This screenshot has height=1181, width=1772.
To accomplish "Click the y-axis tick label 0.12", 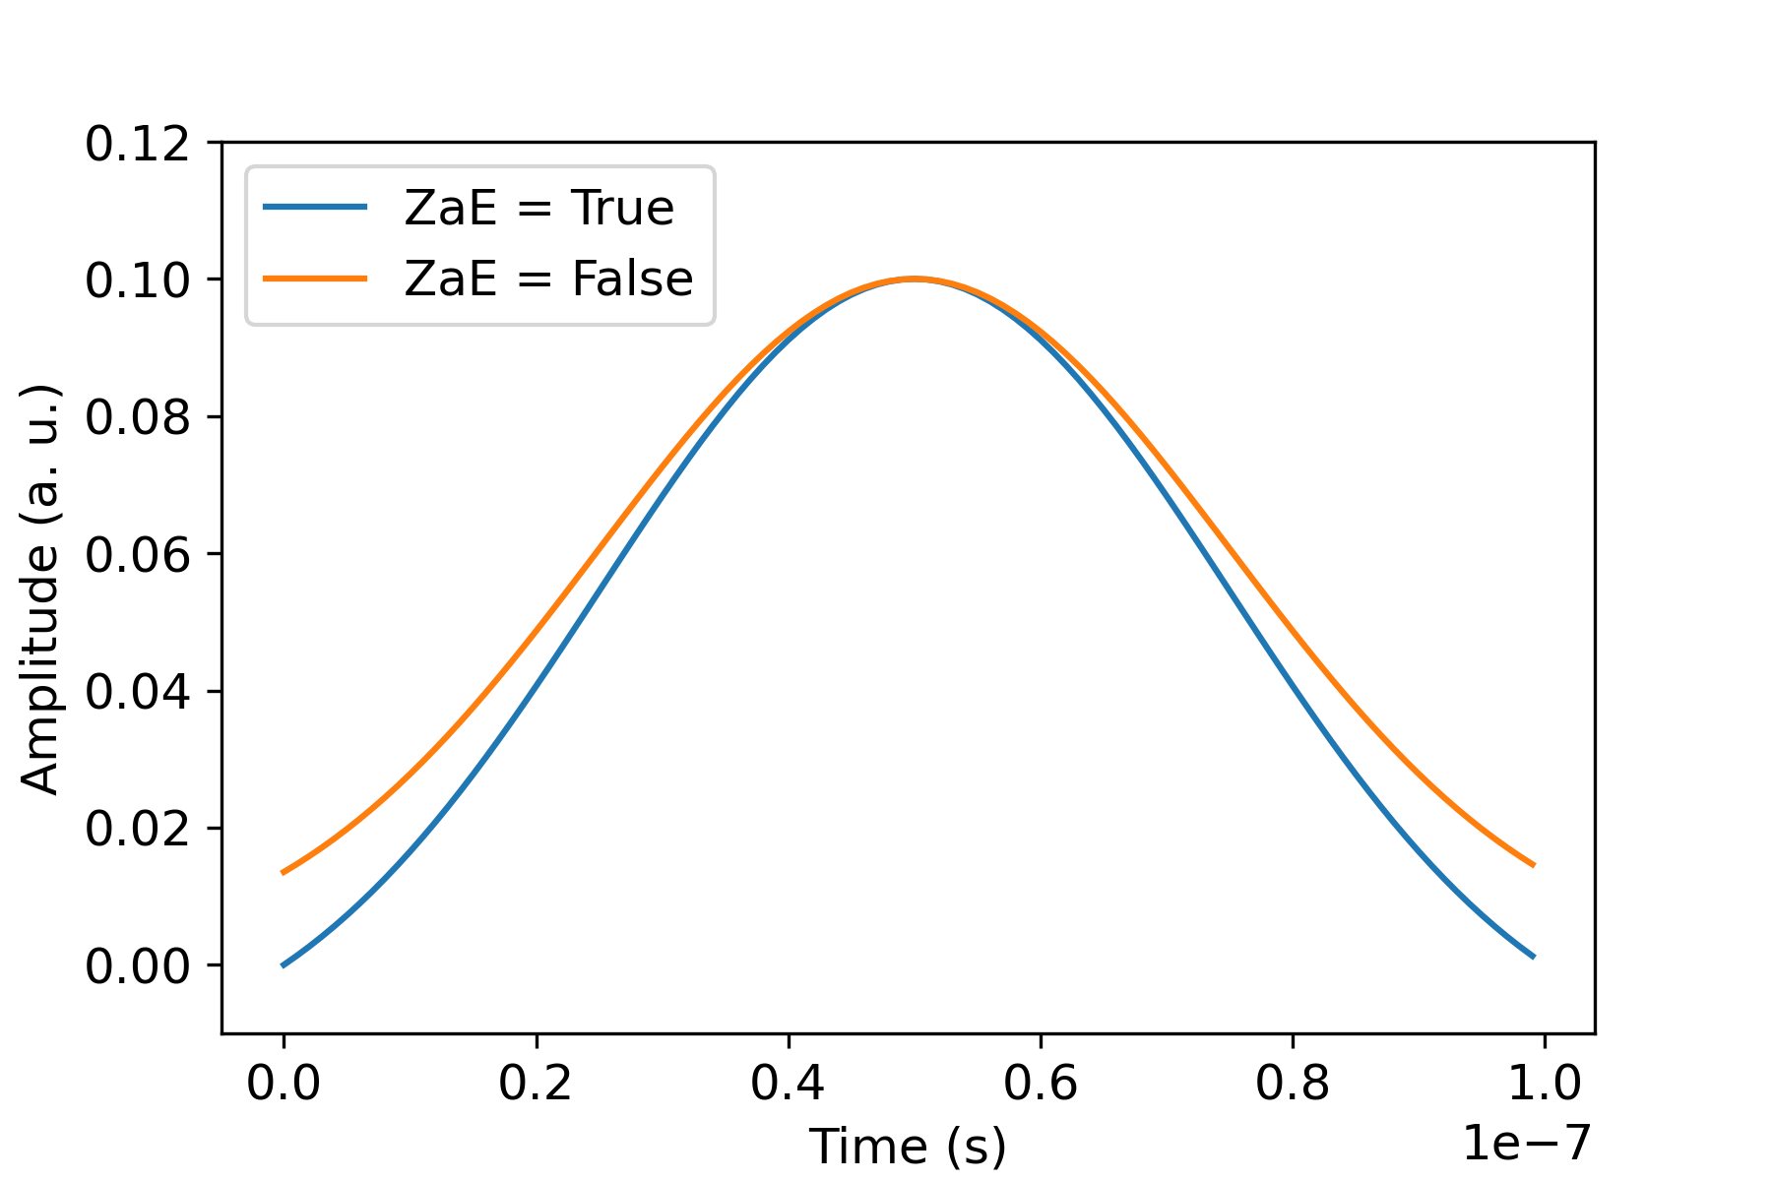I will coord(136,144).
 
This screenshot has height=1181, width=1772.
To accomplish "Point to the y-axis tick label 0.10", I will coord(136,280).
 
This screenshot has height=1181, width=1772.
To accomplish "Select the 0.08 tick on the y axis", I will coord(136,417).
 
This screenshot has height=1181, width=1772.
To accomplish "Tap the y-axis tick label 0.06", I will coord(136,554).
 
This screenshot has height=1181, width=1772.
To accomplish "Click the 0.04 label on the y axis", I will coord(136,692).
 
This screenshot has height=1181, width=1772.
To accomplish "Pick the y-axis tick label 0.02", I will coord(136,829).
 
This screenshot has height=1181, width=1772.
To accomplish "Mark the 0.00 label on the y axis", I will coord(136,965).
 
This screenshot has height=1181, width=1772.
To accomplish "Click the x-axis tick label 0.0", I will coord(284,1084).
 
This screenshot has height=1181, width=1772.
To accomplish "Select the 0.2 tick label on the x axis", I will coord(536,1084).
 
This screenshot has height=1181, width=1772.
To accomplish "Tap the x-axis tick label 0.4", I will coord(788,1084).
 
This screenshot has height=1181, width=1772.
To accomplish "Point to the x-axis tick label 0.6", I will coord(1041,1084).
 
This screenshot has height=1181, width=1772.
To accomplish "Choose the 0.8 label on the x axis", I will coord(1293,1084).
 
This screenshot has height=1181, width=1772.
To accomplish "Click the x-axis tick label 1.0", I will coord(1545,1084).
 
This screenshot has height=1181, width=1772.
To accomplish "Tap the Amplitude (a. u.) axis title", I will coord(41,588).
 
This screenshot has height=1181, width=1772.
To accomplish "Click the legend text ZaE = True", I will coord(538,208).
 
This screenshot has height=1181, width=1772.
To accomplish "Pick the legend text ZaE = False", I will coord(548,279).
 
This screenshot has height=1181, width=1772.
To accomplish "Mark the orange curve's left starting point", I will coord(284,873).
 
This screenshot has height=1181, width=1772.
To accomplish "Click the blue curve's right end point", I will coord(1533,957).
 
